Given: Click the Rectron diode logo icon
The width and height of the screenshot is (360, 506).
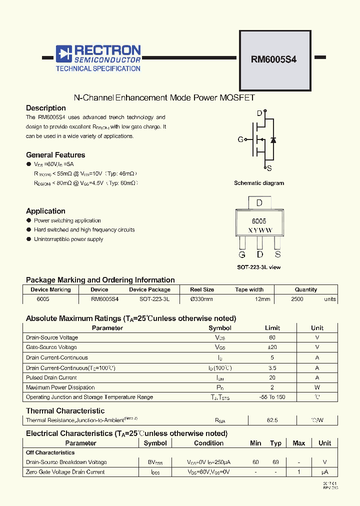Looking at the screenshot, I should coord(63,52).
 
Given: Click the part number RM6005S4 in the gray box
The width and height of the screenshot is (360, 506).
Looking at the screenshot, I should coord(273,59).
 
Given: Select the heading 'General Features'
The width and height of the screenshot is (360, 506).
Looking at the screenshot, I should coord(55,155).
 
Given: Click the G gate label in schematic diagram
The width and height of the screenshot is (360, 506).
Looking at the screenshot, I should coord(240,139).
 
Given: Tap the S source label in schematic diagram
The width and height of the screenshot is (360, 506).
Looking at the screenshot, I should coord(269,168).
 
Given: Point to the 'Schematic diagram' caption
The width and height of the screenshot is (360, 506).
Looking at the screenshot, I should coord(258,183).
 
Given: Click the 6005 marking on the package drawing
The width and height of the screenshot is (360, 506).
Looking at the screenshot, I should coord(258,220).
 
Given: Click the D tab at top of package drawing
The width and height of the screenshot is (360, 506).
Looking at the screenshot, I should coord(259,203).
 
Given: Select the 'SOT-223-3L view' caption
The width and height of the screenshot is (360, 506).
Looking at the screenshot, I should coord(258,267).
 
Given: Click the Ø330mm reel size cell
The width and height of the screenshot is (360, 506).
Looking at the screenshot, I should coord(202,299).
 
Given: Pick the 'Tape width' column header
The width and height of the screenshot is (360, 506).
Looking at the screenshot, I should coord(249,289).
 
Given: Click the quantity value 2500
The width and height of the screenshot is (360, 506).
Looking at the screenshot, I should coord(297,299).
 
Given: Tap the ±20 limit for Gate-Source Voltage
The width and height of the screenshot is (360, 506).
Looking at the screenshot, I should coord(272,347).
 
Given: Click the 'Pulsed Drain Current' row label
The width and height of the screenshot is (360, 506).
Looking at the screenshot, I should coord(51,377).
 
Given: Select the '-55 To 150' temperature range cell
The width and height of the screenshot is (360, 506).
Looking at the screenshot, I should coord(272,397).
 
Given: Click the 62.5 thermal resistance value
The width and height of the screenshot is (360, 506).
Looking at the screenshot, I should coord(272,420).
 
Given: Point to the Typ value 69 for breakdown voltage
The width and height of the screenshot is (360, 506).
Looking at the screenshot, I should coord(275,462).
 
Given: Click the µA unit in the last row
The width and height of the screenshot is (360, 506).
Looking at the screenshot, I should coord(324,472).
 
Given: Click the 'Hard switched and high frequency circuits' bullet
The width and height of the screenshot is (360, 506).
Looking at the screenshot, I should coord(84,230).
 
